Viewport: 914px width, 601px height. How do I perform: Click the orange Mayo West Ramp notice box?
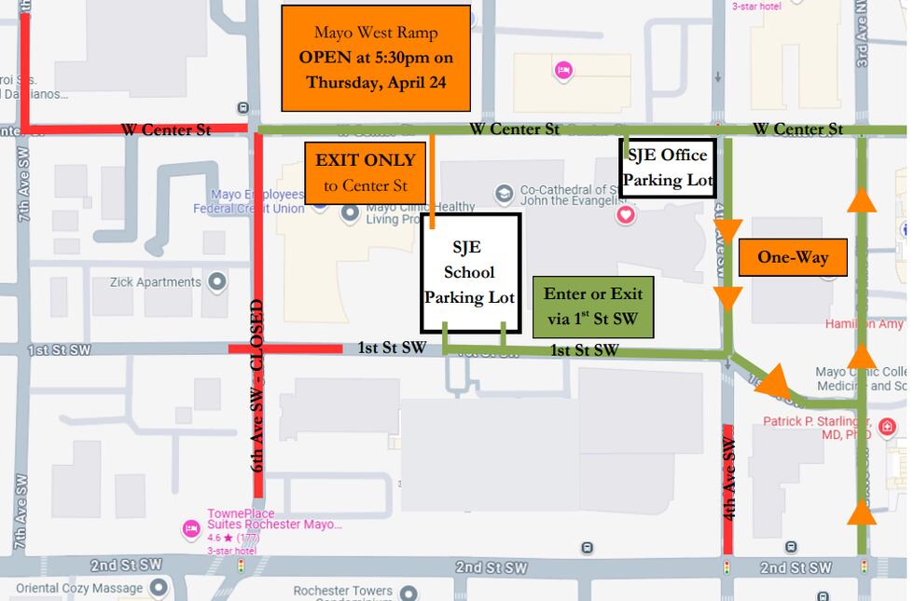tap(376, 58)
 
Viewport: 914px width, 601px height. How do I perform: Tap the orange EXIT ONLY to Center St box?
tap(366, 172)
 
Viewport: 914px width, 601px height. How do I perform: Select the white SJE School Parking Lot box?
tap(470, 273)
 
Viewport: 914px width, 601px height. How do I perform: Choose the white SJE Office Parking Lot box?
tap(668, 168)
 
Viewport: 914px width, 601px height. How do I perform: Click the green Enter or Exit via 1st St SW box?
tap(593, 307)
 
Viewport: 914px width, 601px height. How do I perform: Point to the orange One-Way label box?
tap(793, 257)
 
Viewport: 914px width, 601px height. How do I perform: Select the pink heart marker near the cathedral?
tap(626, 215)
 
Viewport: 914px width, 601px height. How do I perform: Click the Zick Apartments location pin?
tap(217, 281)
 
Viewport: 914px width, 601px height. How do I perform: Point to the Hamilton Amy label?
tap(864, 323)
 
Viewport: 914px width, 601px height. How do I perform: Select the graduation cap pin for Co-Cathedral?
tap(505, 193)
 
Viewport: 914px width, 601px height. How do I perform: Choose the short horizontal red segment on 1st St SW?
tap(285, 348)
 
